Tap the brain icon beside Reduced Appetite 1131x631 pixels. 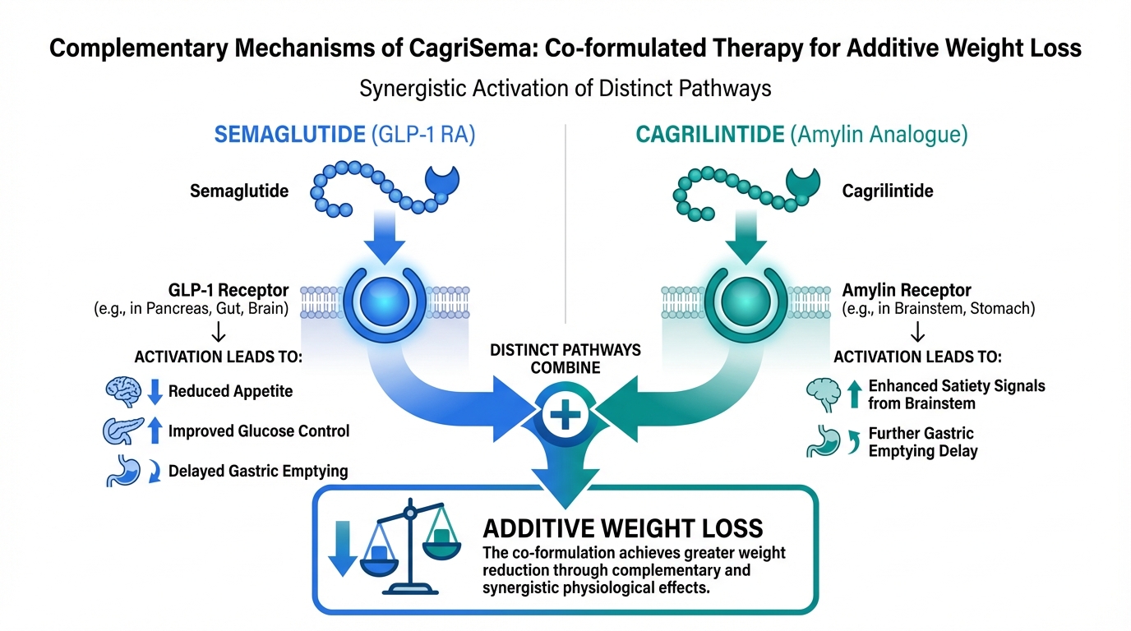[124, 391]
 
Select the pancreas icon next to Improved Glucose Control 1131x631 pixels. [123, 431]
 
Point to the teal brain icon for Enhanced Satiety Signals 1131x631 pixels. [824, 394]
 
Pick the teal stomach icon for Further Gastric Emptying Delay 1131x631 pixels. [824, 441]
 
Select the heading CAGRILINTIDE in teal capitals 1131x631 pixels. [710, 136]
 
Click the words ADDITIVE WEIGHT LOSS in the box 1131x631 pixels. [623, 528]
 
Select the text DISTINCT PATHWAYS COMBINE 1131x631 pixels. [565, 358]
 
